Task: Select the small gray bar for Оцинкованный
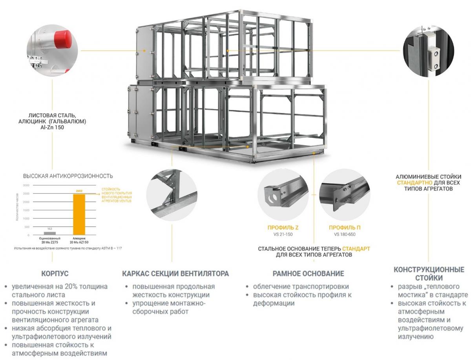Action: point(50,233)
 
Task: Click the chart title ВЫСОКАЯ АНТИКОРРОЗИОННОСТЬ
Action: point(68,176)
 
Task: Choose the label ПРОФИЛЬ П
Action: point(345,227)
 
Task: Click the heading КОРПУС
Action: point(55,274)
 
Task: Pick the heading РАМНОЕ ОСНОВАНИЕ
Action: point(308,274)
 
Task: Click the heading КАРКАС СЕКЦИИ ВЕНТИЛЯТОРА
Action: point(175,274)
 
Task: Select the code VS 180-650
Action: point(345,235)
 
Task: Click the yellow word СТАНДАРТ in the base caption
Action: point(356,249)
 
